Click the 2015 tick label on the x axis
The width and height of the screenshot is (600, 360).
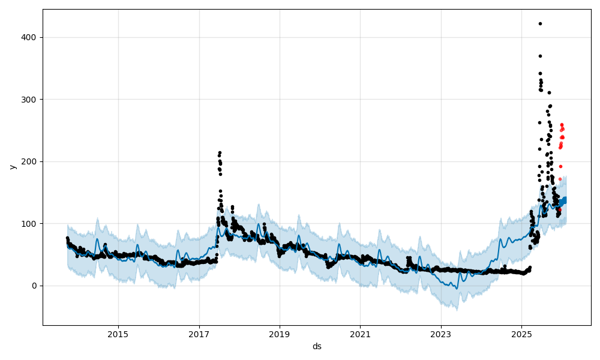click(118, 334)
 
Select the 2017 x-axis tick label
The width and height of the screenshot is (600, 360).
click(199, 334)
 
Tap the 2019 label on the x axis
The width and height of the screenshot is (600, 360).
click(280, 334)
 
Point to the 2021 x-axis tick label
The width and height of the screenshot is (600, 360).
click(360, 334)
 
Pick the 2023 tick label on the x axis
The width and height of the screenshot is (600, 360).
click(441, 334)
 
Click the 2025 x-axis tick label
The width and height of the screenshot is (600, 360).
click(521, 334)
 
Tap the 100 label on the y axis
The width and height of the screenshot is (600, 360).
click(31, 223)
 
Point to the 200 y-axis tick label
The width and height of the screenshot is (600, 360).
click(31, 161)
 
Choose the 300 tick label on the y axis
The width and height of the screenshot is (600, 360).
click(31, 99)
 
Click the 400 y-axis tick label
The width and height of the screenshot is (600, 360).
click(31, 37)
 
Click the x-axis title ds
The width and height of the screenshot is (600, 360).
click(317, 346)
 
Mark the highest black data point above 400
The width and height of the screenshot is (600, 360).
click(540, 23)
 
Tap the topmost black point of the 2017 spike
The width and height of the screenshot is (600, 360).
click(220, 152)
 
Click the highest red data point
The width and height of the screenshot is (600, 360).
click(562, 125)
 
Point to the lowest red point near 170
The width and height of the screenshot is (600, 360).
click(560, 179)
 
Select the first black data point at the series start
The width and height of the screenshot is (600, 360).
click(67, 238)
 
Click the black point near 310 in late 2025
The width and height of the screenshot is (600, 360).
click(549, 92)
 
